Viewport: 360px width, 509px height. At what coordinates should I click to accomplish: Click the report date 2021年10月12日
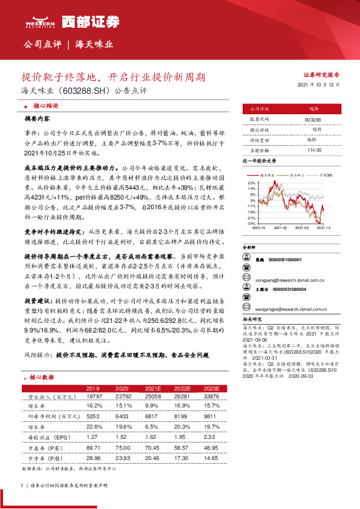click(319, 85)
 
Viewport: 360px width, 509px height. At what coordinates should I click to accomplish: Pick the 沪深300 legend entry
click(324, 174)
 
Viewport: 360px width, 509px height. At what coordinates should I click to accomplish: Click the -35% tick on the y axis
click(251, 224)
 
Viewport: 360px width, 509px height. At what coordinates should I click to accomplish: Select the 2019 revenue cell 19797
click(93, 397)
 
